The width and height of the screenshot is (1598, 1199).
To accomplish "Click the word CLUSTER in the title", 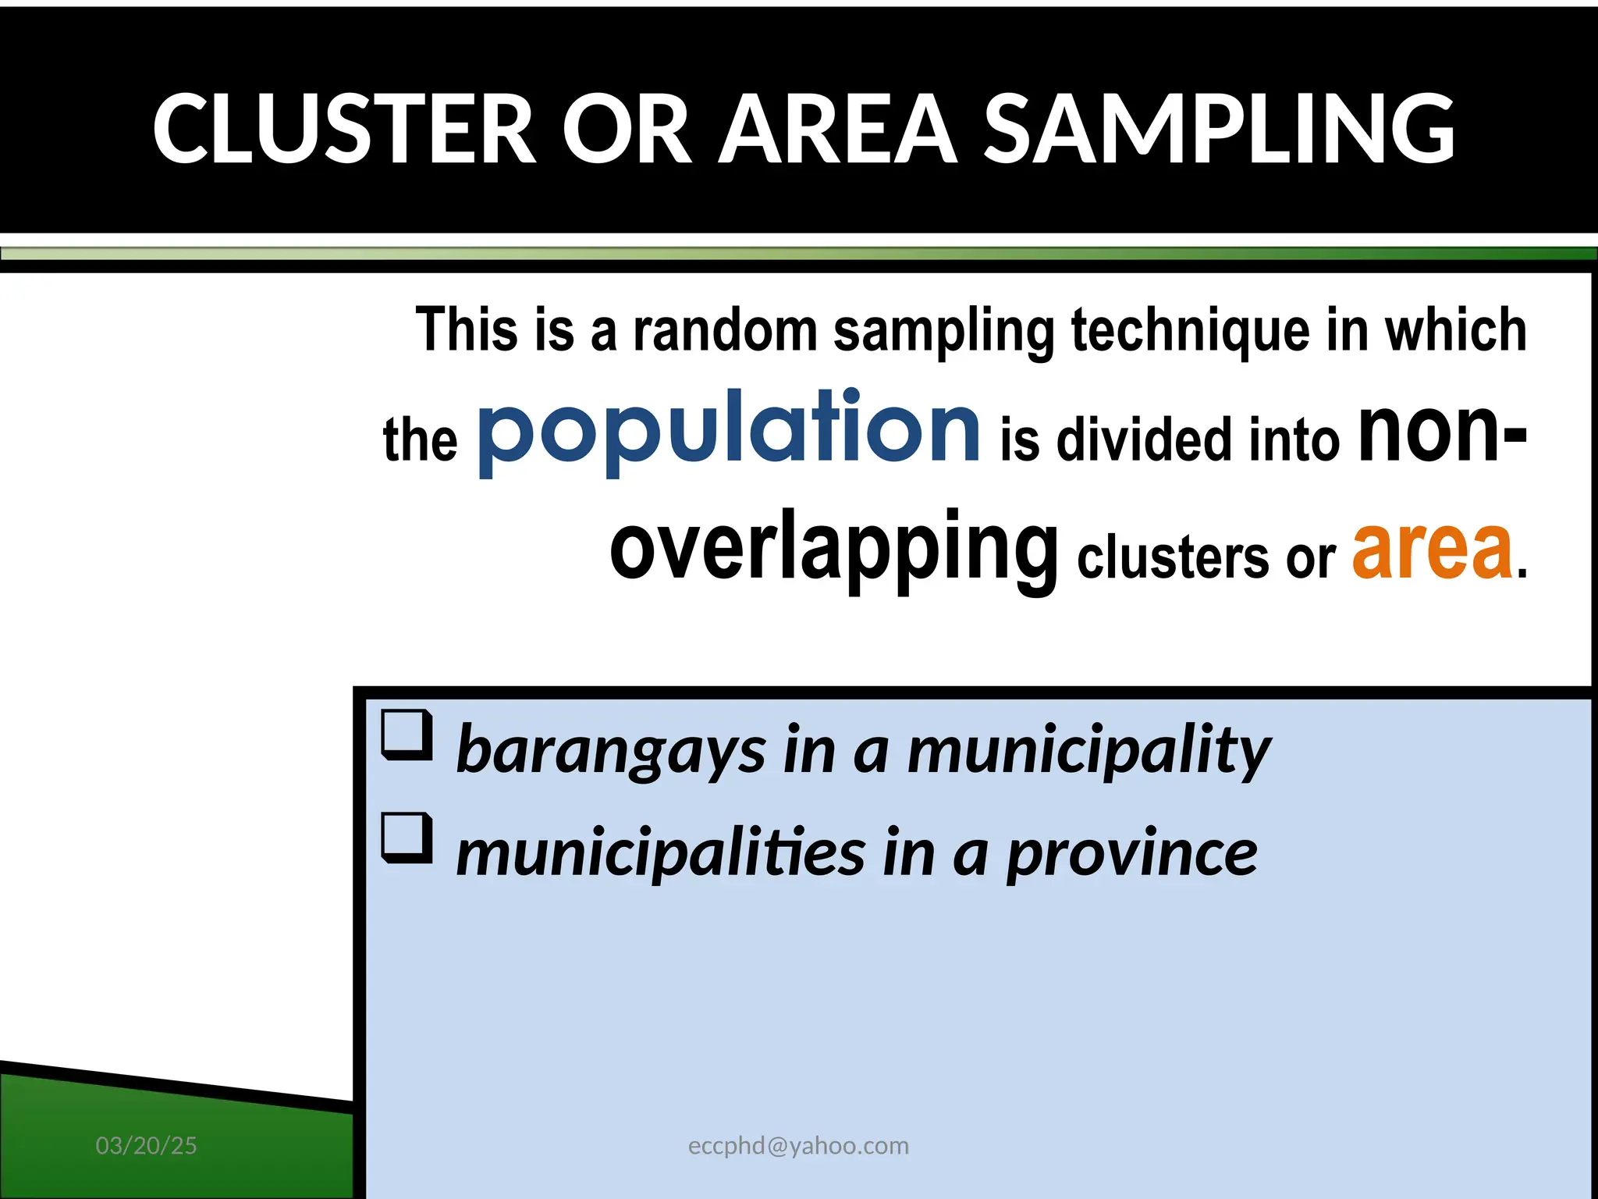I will pyautogui.click(x=344, y=129).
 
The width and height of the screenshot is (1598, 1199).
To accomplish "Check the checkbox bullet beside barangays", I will pyautogui.click(x=407, y=735).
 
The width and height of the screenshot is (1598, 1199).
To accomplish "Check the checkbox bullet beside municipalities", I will pyautogui.click(x=407, y=838).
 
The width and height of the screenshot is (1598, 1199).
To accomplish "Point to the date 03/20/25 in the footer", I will pyautogui.click(x=146, y=1146).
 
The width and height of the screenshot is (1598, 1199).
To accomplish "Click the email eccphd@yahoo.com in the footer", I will pyautogui.click(x=798, y=1146).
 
